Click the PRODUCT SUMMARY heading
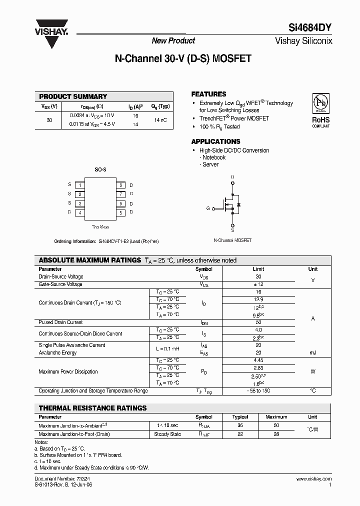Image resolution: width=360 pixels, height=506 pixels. [73, 96]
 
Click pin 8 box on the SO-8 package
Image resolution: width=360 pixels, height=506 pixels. [120, 185]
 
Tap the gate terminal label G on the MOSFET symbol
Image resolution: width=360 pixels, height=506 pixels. [208, 208]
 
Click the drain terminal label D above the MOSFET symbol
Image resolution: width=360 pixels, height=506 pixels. [232, 177]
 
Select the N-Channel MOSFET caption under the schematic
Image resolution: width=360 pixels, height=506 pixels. [232, 240]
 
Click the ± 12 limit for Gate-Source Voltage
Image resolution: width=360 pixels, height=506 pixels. [258, 284]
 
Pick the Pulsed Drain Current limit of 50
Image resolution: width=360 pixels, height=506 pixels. [258, 322]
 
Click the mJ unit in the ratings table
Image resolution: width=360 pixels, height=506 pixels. [312, 353]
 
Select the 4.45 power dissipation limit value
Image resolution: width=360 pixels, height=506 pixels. [258, 360]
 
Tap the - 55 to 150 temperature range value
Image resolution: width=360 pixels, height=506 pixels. [258, 391]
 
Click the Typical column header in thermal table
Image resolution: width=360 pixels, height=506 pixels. [240, 417]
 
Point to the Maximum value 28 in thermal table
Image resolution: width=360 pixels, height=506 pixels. [276, 434]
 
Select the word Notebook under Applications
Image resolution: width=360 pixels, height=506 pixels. [214, 157]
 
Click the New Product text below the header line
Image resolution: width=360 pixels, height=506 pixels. [173, 41]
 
